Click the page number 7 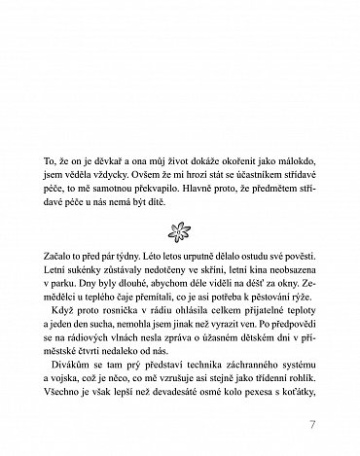[311, 425]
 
